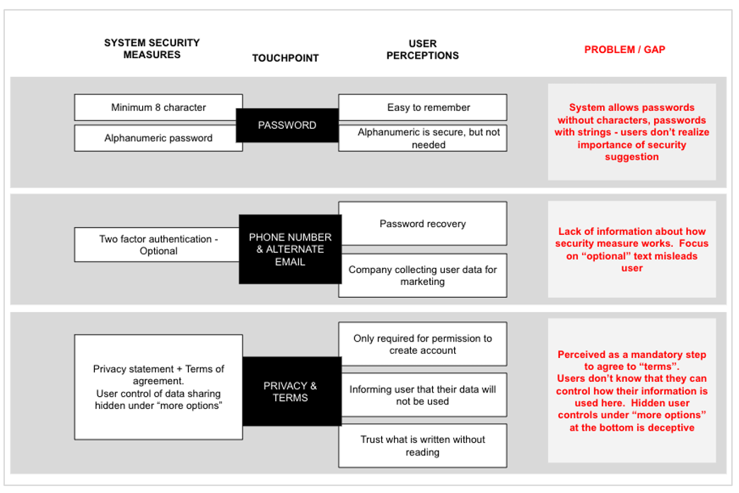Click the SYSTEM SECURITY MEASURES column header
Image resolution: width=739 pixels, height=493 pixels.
pyautogui.click(x=152, y=49)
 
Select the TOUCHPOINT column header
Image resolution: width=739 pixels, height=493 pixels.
pyautogui.click(x=286, y=58)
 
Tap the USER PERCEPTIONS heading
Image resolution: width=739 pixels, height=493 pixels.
pyautogui.click(x=422, y=50)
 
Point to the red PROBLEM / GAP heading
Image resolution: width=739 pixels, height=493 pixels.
pyautogui.click(x=624, y=50)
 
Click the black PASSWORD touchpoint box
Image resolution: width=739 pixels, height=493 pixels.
pyautogui.click(x=287, y=125)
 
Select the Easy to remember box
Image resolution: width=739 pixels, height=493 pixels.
pyautogui.click(x=423, y=108)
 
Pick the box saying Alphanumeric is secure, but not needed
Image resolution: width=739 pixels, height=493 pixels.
pyautogui.click(x=423, y=138)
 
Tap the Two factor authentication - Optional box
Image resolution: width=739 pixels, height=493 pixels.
pyautogui.click(x=157, y=245)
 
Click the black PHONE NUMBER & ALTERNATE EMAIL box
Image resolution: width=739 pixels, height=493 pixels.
pyautogui.click(x=291, y=249)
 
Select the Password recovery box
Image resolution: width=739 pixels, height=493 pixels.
pyautogui.click(x=423, y=224)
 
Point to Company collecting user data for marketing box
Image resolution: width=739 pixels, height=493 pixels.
pyautogui.click(x=423, y=275)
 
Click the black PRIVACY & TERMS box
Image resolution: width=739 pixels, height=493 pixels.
pyautogui.click(x=292, y=391)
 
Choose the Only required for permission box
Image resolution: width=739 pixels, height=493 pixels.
pyautogui.click(x=423, y=344)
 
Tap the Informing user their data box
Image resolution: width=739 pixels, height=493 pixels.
pyautogui.click(x=423, y=395)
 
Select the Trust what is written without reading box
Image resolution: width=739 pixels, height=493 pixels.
pyautogui.click(x=423, y=446)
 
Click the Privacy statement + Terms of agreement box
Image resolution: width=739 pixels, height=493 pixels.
pyautogui.click(x=158, y=388)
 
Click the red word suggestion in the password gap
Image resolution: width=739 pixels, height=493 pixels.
pyautogui.click(x=632, y=157)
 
